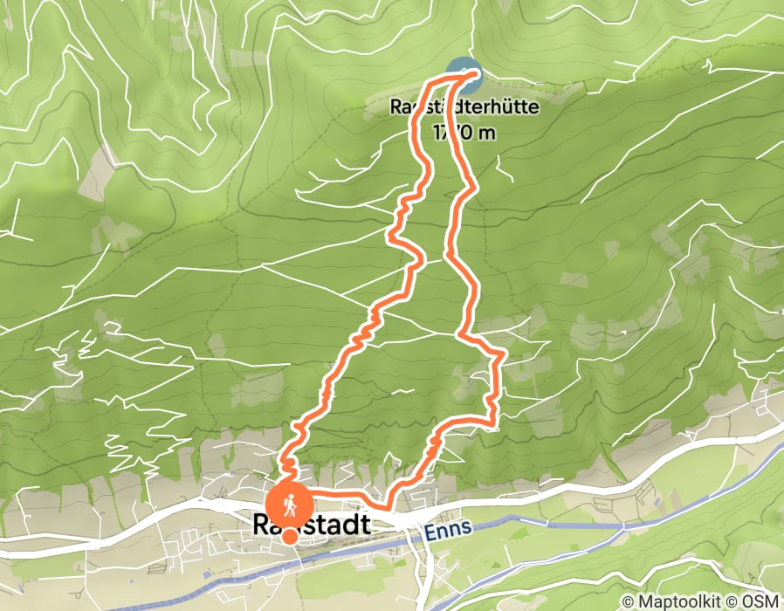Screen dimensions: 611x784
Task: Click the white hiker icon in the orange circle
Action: click(289, 505)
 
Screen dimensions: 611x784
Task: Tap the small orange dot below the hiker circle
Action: click(289, 537)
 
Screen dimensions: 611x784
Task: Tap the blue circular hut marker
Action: click(464, 75)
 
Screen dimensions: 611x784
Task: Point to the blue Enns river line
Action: click(559, 515)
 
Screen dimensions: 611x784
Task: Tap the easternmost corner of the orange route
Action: click(504, 354)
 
